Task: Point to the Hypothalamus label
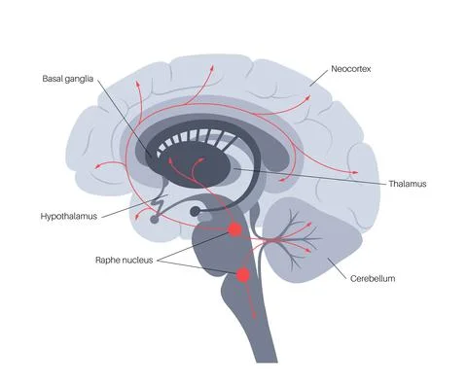click(68, 215)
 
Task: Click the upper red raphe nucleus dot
click(234, 230)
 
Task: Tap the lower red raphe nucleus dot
click(243, 276)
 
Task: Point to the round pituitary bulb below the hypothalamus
click(197, 210)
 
